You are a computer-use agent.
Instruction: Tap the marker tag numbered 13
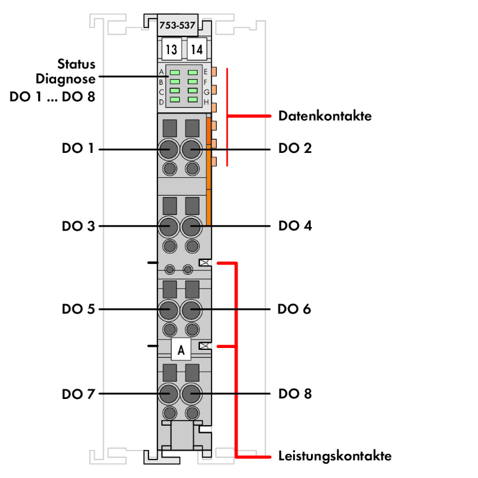[x=170, y=48]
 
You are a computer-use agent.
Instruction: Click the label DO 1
[x=78, y=148]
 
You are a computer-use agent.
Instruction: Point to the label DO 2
[x=295, y=148]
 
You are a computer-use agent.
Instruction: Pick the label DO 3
[x=78, y=226]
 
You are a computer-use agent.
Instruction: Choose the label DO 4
[x=295, y=226]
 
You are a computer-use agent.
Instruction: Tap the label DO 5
[x=78, y=309]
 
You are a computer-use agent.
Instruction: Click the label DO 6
[x=295, y=309]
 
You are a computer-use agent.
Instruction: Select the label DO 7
[x=78, y=393]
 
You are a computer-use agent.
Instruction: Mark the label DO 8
[x=295, y=393]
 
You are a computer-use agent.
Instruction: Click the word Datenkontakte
[x=325, y=117]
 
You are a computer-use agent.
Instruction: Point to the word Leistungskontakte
[x=335, y=456]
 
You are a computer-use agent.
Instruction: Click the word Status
[x=76, y=64]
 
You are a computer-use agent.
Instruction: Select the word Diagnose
[x=66, y=79]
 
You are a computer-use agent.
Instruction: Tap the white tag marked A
[x=182, y=349]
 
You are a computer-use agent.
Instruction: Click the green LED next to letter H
[x=192, y=101]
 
